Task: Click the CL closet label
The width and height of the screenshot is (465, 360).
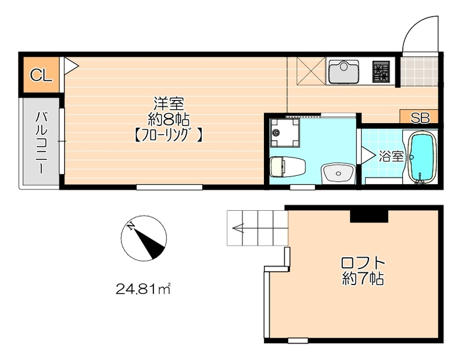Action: coord(41,75)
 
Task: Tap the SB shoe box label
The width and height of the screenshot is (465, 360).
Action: coord(420,118)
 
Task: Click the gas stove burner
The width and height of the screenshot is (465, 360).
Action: coord(381,71)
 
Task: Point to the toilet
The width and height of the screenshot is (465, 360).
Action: coord(287,167)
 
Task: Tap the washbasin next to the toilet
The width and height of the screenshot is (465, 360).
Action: coord(338,174)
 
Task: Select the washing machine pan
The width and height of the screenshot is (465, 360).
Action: coord(285,132)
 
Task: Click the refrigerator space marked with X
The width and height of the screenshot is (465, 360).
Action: coord(311,70)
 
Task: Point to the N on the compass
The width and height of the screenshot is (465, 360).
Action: coord(130,226)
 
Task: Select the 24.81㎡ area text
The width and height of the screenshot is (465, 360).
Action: coord(143,289)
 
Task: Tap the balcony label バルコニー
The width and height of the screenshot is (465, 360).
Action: coord(41,142)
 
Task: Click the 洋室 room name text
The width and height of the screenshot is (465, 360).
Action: coord(169,104)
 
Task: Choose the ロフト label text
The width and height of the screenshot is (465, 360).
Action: coord(362,262)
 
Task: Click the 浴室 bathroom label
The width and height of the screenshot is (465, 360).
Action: coord(391,156)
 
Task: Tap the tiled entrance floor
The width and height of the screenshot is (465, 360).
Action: coord(419,71)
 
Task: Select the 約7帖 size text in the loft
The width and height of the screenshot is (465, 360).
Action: coord(363,278)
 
